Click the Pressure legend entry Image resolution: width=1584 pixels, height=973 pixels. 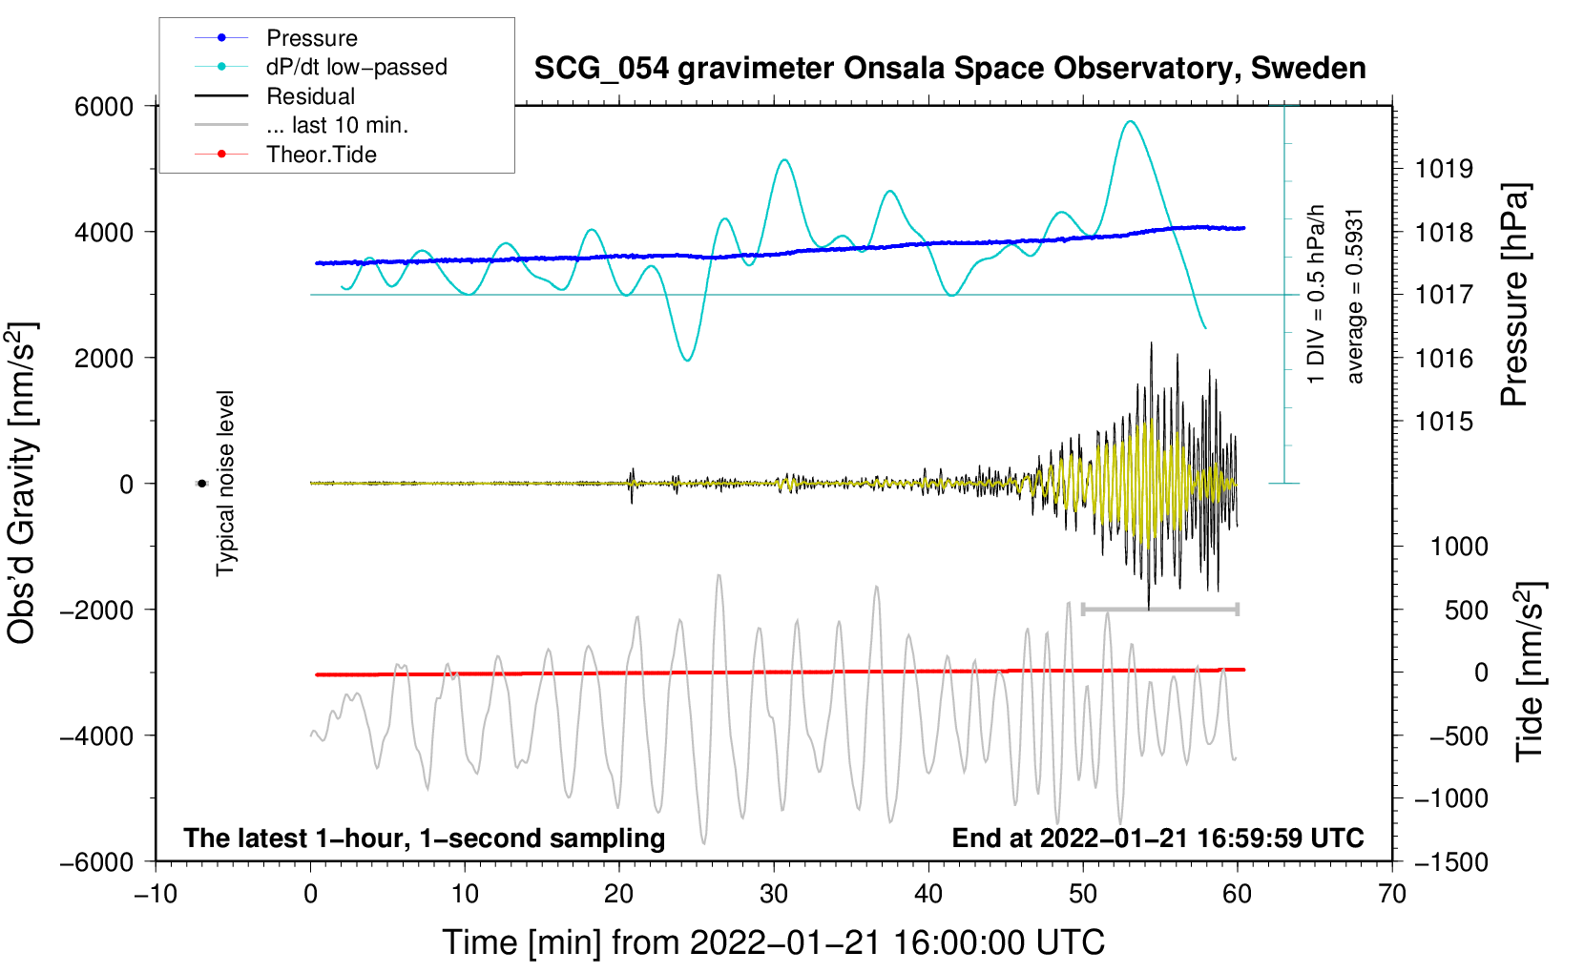311,38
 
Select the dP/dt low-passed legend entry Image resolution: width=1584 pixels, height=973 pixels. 355,67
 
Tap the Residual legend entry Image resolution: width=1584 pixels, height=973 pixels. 310,96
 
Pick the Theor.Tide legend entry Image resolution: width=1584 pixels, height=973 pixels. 321,155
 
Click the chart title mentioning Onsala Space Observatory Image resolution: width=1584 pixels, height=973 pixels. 949,69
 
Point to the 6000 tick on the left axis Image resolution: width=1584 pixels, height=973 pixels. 104,107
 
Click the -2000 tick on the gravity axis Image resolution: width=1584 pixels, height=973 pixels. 96,610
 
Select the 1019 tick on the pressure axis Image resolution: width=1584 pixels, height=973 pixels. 1444,169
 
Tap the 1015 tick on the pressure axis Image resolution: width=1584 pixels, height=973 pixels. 1444,421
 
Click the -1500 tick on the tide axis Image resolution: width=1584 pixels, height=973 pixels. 1451,861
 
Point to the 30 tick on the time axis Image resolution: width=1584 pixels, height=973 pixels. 774,894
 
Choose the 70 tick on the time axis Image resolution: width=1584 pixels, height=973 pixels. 1392,894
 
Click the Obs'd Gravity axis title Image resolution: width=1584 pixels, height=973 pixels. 22,483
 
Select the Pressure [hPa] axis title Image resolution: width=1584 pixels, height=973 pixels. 1514,296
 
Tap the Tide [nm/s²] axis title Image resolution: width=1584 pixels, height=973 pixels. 1530,671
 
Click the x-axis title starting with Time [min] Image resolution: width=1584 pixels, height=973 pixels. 773,942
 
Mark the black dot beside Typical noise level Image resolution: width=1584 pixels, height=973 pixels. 202,484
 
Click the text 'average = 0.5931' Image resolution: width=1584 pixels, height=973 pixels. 1355,296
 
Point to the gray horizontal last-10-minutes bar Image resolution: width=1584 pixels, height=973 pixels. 1159,609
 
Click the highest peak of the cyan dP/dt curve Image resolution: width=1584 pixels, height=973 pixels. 1131,121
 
